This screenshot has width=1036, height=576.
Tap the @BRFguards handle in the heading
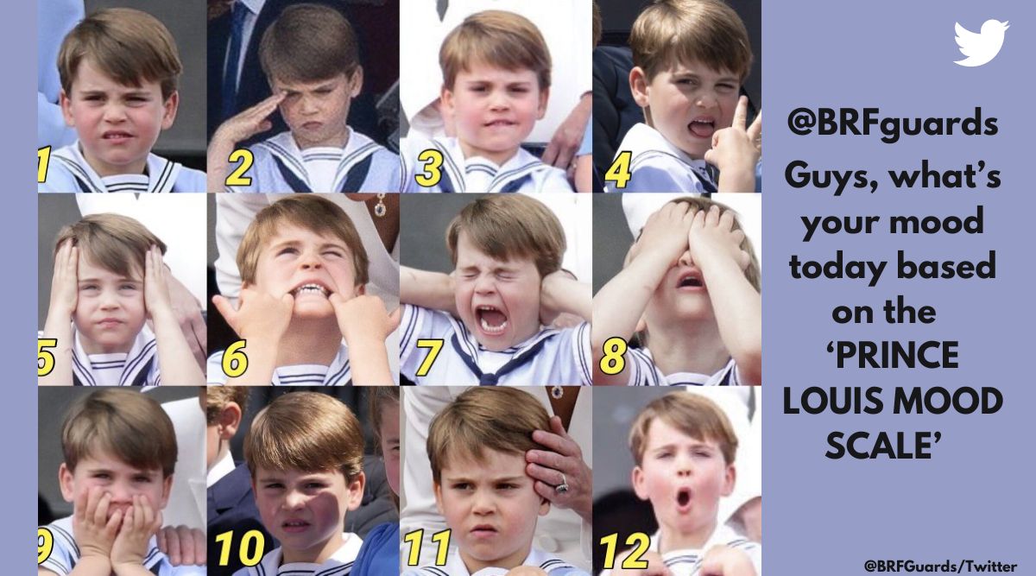(x=892, y=123)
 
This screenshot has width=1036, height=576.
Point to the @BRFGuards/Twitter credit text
(x=940, y=566)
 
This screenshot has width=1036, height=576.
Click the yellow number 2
(x=239, y=168)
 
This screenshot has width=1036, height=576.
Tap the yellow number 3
(x=428, y=168)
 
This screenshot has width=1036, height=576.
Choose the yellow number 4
(x=618, y=170)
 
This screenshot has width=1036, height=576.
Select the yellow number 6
(x=235, y=359)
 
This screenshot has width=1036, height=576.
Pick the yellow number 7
(x=430, y=358)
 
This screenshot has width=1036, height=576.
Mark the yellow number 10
(x=240, y=548)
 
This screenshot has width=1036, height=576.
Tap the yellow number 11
(x=428, y=548)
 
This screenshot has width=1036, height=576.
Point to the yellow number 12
(x=625, y=551)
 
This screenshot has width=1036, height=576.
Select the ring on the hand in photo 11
(x=561, y=485)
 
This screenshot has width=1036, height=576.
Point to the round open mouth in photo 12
(x=683, y=497)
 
